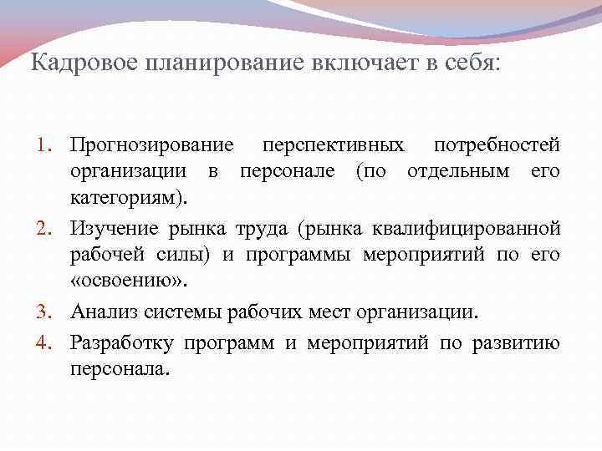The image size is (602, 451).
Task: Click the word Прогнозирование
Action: (x=151, y=146)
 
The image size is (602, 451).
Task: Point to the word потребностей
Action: (x=497, y=146)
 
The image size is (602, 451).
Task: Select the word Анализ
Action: (x=102, y=312)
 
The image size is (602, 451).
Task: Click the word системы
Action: (x=175, y=312)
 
